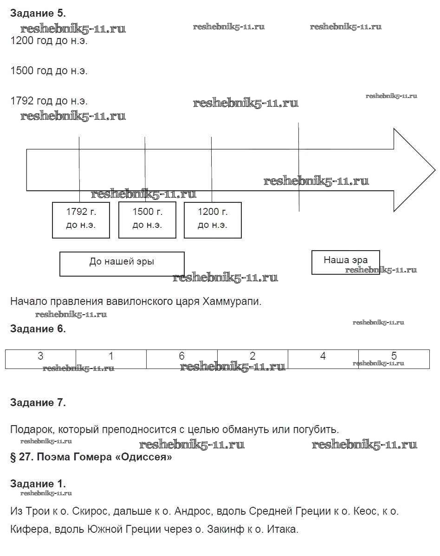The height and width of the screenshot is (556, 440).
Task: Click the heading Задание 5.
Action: tap(38, 13)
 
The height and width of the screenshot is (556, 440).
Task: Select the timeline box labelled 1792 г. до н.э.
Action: tap(81, 220)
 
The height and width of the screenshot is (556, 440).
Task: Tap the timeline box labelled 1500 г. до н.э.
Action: tap(147, 220)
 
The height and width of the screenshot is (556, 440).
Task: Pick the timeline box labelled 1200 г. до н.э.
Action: tap(213, 220)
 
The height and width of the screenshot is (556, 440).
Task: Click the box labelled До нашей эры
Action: tap(122, 263)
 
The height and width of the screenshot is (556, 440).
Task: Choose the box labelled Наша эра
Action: tap(345, 262)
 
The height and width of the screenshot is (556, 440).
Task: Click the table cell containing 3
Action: tap(41, 359)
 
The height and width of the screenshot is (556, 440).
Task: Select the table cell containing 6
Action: tap(181, 359)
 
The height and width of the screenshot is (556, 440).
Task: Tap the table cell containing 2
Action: tap(252, 359)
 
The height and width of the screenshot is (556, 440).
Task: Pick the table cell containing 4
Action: tap(323, 359)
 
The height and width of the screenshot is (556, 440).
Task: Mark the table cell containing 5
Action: tap(394, 359)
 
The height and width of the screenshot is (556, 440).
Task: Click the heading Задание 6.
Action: tap(38, 329)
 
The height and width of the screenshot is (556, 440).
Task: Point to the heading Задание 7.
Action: tap(38, 403)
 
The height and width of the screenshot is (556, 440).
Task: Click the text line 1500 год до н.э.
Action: tap(49, 71)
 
